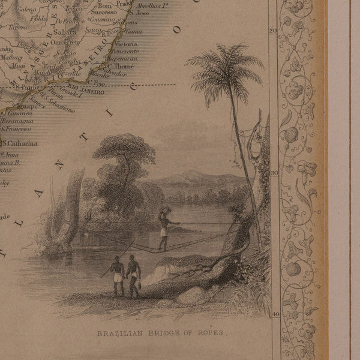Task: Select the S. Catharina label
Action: [x=20, y=144]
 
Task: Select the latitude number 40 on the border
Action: [x=275, y=314]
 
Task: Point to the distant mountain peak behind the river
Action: [x=191, y=174]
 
